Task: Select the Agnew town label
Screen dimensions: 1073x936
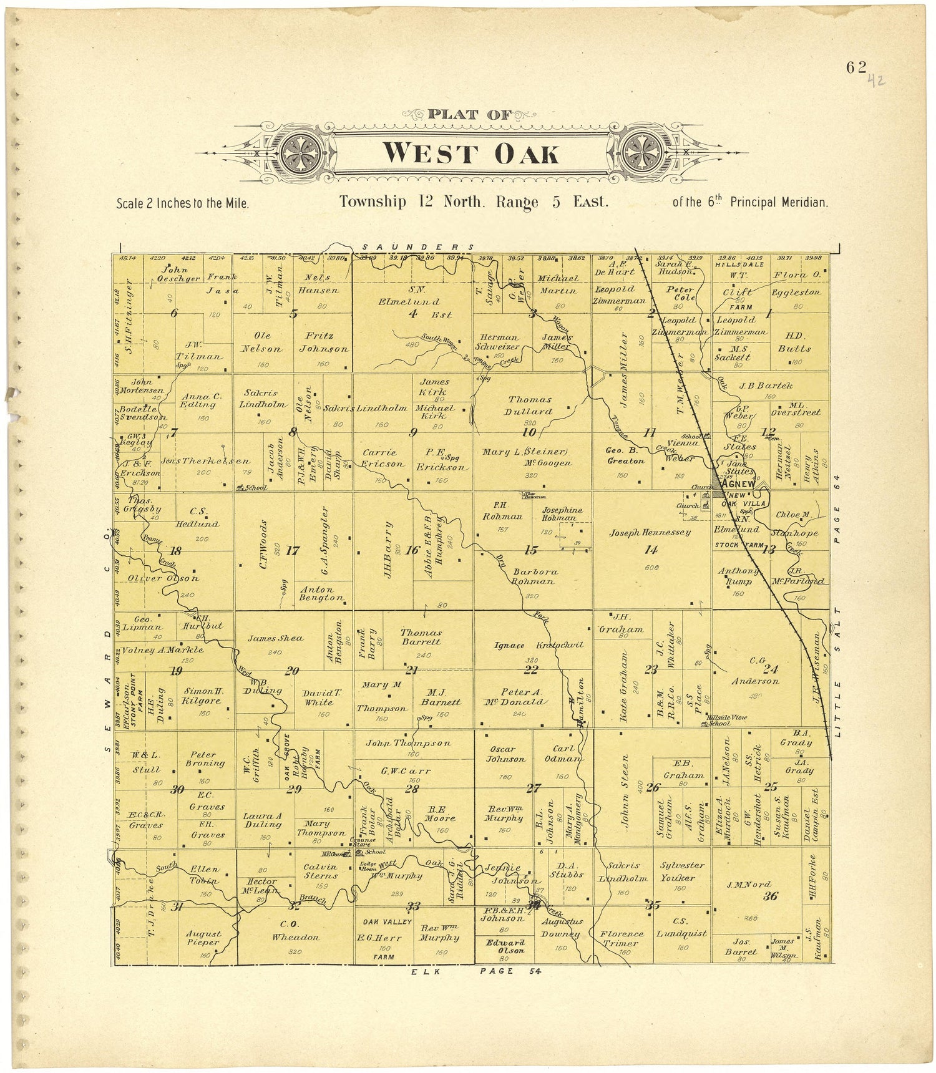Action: point(739,484)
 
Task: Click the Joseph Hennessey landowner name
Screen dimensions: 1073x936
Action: point(650,532)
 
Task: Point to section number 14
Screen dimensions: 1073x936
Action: point(651,550)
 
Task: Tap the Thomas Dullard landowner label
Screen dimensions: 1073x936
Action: point(530,405)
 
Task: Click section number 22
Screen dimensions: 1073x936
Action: point(530,670)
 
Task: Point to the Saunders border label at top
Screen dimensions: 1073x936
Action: point(418,247)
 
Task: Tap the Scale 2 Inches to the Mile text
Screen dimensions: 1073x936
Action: point(183,203)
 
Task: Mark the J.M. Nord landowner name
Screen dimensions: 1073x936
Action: point(748,884)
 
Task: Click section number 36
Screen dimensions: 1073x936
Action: point(770,896)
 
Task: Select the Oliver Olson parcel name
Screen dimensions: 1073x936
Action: point(163,578)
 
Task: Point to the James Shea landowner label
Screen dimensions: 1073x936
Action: point(275,638)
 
